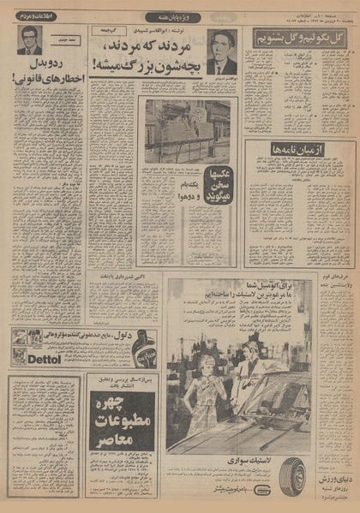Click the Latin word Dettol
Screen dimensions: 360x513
point(30,360)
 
